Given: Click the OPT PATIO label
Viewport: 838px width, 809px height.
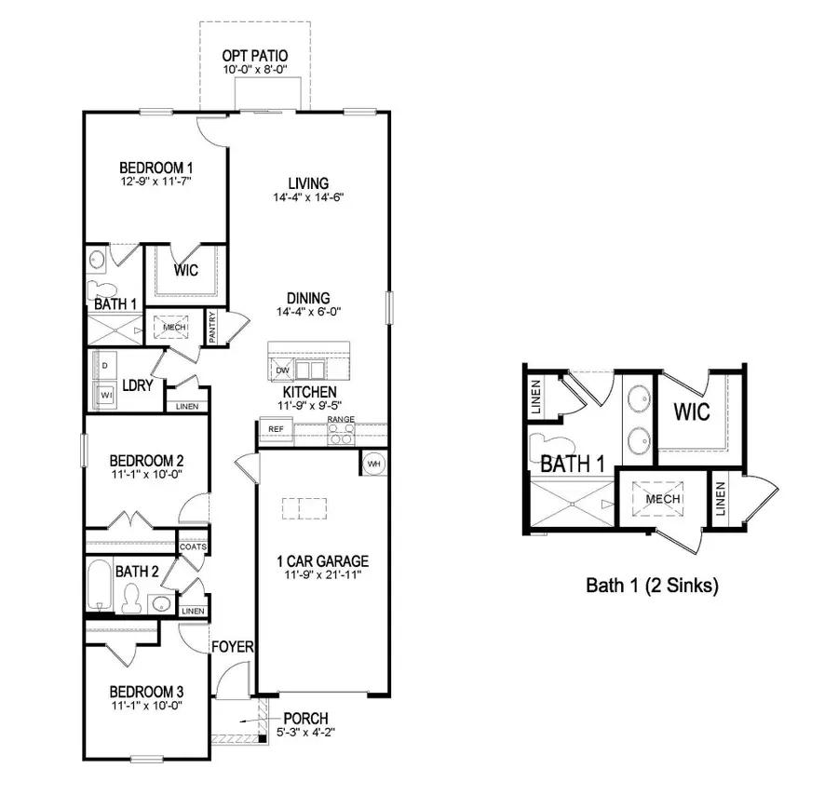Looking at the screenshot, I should coord(248,56).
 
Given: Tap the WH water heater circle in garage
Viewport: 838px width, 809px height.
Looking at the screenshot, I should coord(373,464).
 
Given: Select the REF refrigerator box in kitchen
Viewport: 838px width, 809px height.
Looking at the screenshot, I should coord(276,429).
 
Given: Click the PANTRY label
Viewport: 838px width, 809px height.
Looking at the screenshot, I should coord(213,328).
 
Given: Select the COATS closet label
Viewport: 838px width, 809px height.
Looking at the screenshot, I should coord(194,546).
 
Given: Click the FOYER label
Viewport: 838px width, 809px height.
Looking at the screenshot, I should coord(233,646).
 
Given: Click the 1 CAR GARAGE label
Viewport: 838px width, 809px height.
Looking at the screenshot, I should coord(322,561).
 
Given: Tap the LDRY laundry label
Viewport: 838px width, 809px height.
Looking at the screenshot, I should coord(137,385).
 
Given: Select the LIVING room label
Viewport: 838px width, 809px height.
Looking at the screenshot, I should coord(309,183).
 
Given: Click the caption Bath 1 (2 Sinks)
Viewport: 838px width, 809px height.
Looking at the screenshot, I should coord(652,586).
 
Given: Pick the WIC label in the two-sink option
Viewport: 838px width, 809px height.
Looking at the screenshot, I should coord(692,411).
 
